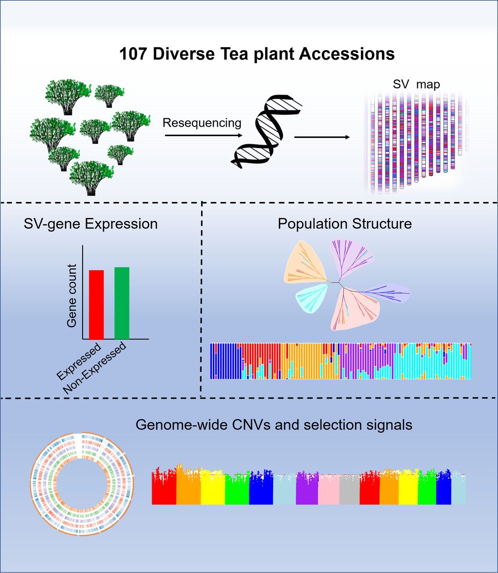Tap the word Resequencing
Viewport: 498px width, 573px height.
point(202,123)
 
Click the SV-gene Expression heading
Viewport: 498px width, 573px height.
point(91,223)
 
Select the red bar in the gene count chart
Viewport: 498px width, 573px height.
point(96,304)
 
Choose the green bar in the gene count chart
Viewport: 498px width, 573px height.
point(122,302)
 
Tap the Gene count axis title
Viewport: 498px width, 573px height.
point(72,295)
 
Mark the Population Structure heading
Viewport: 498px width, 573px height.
point(344,223)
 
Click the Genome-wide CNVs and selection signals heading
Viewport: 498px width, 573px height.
point(274,424)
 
